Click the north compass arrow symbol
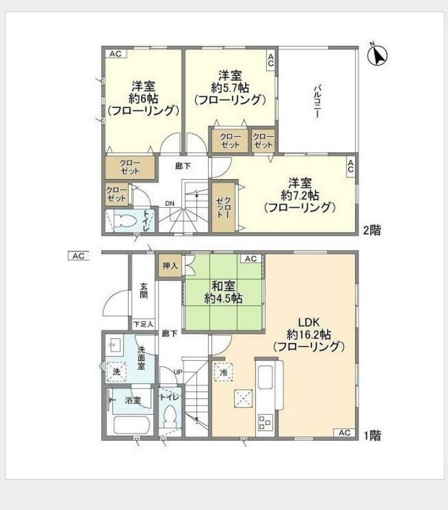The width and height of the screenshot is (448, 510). (379, 56)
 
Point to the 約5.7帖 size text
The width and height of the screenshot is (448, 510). (230, 87)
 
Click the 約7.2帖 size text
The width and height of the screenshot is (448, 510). (300, 195)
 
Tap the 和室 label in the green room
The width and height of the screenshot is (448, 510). (224, 285)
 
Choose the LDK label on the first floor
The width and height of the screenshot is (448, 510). (309, 322)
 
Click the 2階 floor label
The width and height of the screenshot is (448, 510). (372, 230)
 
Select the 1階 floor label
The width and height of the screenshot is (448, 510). (372, 435)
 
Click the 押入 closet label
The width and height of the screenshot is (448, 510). (170, 266)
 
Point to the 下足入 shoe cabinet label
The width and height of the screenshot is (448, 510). (143, 324)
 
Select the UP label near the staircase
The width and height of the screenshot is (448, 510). (177, 372)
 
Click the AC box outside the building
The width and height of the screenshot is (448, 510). (78, 256)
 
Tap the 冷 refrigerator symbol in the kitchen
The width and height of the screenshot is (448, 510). (223, 372)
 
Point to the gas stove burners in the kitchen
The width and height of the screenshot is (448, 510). (265, 421)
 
